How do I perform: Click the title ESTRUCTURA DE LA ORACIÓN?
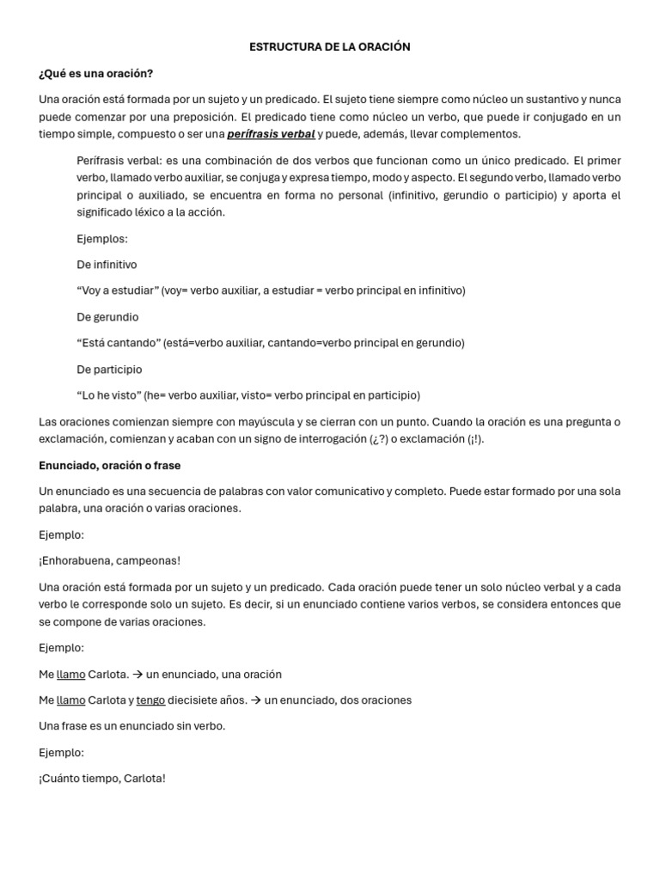(x=329, y=47)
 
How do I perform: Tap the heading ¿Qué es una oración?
(x=96, y=73)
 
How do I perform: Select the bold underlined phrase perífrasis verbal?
(x=271, y=134)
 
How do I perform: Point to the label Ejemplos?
(x=101, y=239)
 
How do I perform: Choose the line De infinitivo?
(x=107, y=265)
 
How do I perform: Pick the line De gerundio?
(x=107, y=317)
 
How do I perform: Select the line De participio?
(x=109, y=370)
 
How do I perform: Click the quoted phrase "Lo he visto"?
(x=108, y=395)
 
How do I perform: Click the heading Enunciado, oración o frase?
(x=110, y=465)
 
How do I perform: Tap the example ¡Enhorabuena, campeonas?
(x=110, y=561)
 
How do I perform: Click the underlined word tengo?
(x=150, y=700)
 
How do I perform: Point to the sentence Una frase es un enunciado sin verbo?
(x=132, y=726)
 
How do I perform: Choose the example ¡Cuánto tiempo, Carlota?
(x=102, y=779)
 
